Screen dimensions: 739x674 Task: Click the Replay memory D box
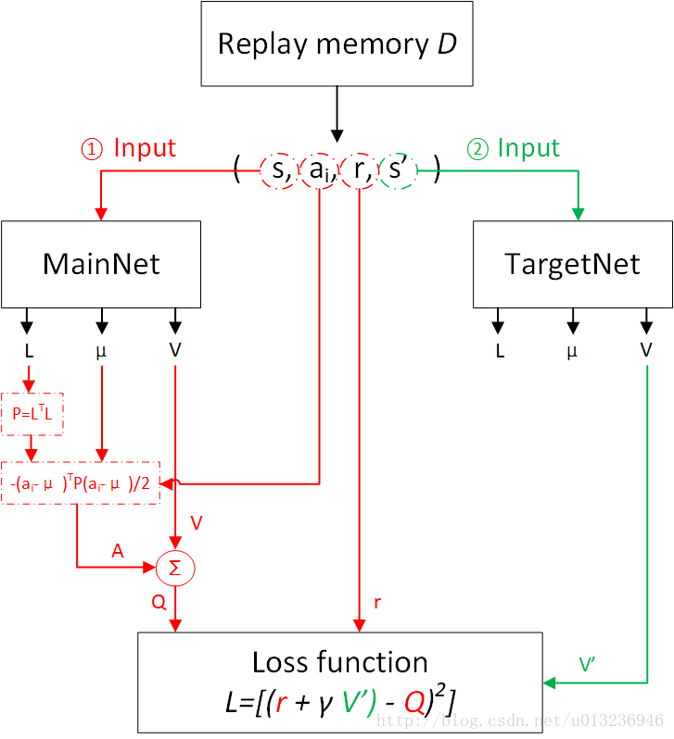(x=337, y=44)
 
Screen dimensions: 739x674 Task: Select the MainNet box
(x=101, y=264)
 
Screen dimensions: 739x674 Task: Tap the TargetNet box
(x=572, y=264)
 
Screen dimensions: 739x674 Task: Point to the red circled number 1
(x=92, y=149)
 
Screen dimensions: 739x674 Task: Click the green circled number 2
(x=476, y=149)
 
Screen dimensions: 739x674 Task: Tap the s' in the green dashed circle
(x=399, y=170)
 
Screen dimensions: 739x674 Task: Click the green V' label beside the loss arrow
(x=587, y=664)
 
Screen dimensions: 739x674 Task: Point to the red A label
(x=118, y=550)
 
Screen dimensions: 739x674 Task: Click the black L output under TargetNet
(x=500, y=351)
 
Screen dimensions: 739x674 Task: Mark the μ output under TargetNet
(x=572, y=352)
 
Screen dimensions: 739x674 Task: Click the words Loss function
(x=339, y=662)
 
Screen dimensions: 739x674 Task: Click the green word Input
(x=528, y=148)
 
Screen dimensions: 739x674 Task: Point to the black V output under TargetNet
(x=645, y=350)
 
